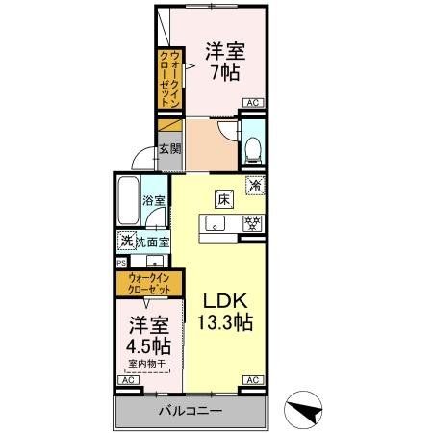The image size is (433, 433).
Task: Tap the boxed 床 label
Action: pyautogui.click(x=222, y=199)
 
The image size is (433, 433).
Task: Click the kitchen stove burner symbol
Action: pyautogui.click(x=252, y=224)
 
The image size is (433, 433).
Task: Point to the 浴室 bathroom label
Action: pyautogui.click(x=155, y=201)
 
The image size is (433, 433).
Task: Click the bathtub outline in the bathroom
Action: pyautogui.click(x=128, y=203)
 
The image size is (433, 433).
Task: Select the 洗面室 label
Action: pyautogui.click(x=152, y=242)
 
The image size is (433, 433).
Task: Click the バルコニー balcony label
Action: pyautogui.click(x=191, y=411)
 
